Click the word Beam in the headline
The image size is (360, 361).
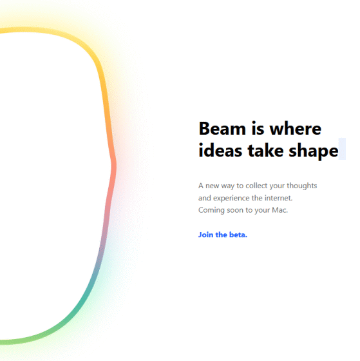tap(222, 128)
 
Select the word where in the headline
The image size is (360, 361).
tap(296, 128)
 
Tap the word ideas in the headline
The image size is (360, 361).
tap(220, 151)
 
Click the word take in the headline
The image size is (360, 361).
tap(265, 151)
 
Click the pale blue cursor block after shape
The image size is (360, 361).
tap(342, 149)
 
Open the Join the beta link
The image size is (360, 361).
tap(223, 235)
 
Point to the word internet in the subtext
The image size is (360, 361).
tap(278, 198)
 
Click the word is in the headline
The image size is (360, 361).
tap(258, 128)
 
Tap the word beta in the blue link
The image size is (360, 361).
tap(238, 235)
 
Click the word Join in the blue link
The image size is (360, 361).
tap(205, 235)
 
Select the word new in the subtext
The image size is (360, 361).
tap(212, 186)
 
